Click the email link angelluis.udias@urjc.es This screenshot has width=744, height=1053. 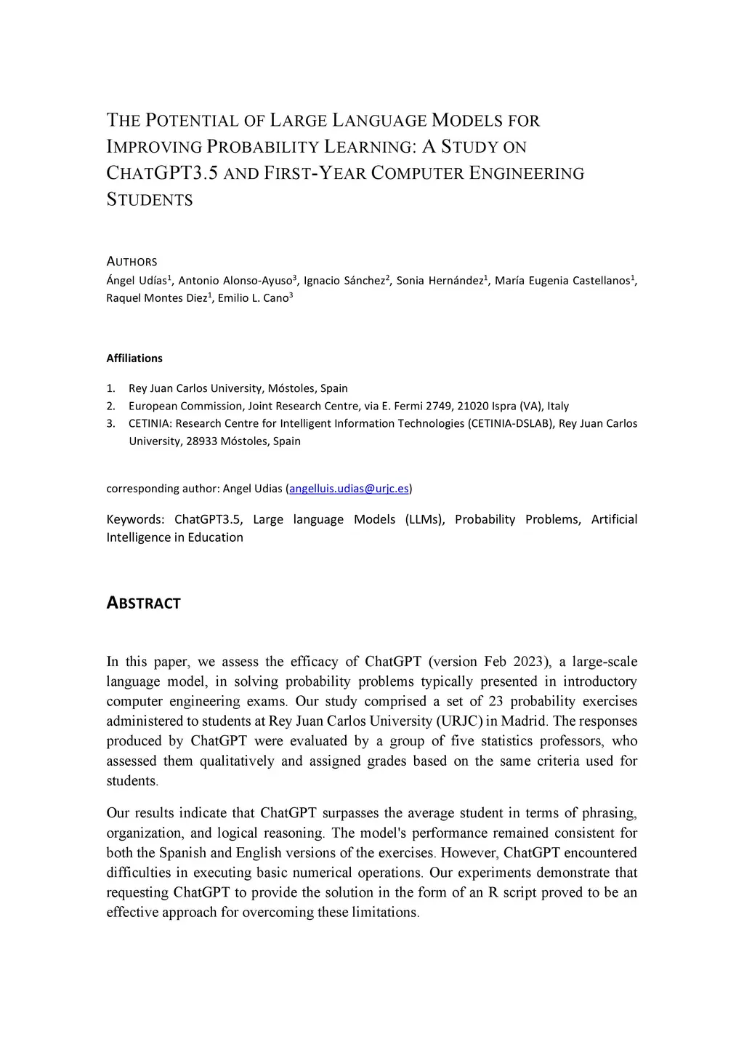coord(349,489)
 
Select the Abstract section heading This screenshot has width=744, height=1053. coord(143,604)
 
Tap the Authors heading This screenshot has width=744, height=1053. coord(132,262)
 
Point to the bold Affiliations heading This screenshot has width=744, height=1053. coord(134,359)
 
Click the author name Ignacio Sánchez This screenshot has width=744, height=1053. coord(344,281)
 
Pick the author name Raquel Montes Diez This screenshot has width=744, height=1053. coord(157,298)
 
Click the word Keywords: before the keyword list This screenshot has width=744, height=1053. coord(136,519)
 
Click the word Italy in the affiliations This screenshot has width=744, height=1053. coord(557,406)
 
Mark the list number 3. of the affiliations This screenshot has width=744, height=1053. coord(111,423)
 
